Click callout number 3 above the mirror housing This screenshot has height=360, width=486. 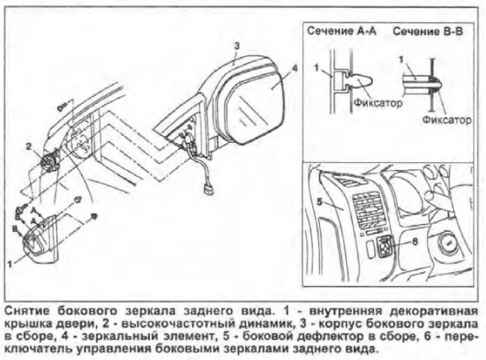click(x=236, y=46)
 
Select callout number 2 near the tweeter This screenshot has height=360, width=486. click(x=28, y=145)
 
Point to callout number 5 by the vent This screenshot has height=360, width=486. click(x=318, y=201)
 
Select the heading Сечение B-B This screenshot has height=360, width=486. click(x=425, y=32)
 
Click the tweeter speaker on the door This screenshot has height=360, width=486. click(x=49, y=160)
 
